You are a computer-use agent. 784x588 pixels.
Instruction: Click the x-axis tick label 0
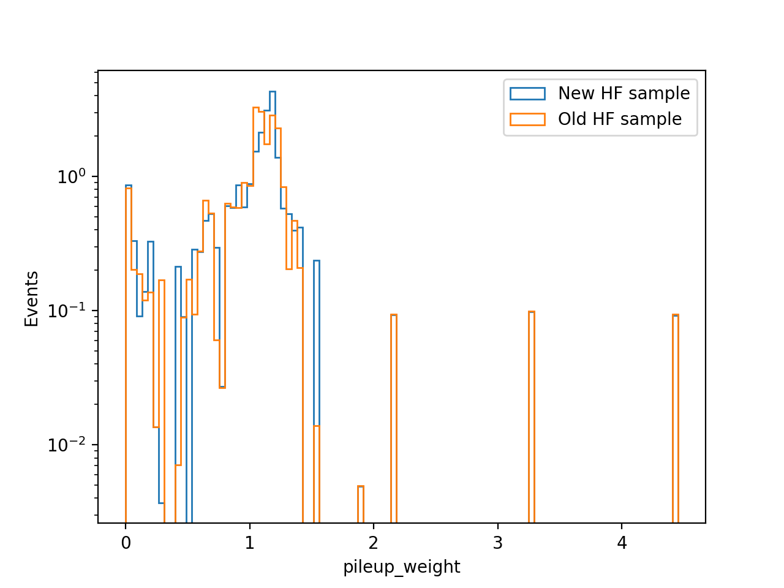126,543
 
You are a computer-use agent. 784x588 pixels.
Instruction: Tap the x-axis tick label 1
250,543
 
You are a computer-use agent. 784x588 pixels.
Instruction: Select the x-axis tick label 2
373,543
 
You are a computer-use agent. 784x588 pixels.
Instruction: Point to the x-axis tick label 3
497,543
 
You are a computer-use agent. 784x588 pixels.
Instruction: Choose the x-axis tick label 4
622,543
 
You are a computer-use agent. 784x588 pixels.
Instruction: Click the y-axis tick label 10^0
72,176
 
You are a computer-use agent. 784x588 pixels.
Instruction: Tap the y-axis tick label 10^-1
66,311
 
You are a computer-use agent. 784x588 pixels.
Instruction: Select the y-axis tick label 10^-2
66,445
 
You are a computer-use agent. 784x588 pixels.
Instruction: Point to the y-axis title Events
31,299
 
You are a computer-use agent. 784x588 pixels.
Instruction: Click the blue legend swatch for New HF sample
527,94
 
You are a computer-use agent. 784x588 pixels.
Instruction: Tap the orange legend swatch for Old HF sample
527,119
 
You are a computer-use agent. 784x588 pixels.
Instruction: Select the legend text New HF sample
624,93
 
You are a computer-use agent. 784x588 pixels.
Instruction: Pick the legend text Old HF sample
620,119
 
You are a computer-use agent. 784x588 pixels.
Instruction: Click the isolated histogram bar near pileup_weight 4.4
676,419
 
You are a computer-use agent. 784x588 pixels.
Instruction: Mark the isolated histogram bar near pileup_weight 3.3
532,417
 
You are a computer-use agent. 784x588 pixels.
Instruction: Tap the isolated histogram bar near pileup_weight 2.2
394,419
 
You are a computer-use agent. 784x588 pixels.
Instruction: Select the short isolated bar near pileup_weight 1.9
361,505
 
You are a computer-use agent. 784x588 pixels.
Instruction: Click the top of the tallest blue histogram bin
273,92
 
